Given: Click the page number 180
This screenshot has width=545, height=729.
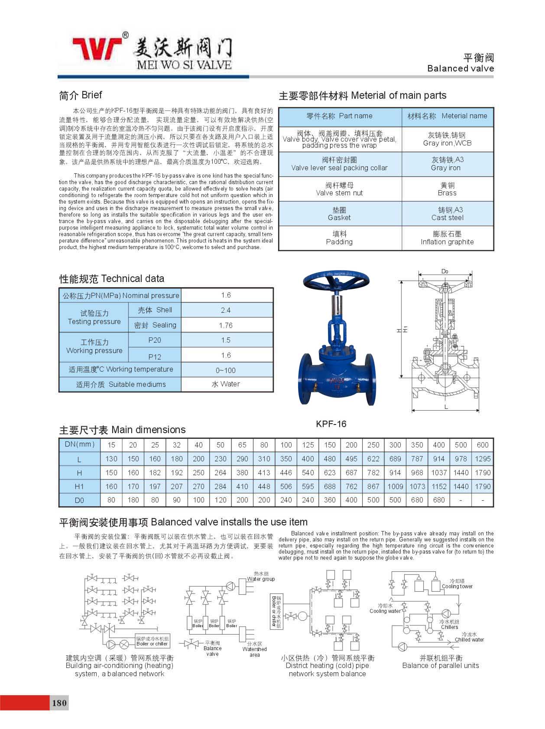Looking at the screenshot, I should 59,703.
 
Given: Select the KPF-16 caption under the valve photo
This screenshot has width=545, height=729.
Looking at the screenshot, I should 331,424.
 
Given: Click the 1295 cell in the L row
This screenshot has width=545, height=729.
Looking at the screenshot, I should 483,459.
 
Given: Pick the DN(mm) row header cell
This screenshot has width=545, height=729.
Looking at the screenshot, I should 79,444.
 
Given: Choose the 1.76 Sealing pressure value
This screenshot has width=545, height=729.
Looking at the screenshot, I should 226,325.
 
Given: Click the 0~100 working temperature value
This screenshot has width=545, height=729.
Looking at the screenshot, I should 226,370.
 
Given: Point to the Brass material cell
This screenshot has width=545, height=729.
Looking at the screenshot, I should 447,189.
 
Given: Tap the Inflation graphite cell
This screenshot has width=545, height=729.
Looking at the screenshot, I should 447,238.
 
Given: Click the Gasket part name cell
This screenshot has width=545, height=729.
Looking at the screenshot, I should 339,214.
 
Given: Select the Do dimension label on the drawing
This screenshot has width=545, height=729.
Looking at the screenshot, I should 445,272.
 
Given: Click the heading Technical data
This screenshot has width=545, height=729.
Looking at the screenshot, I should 112,279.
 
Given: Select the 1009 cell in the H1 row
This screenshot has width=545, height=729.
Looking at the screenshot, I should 395,486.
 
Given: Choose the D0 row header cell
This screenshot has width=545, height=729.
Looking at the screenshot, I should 79,500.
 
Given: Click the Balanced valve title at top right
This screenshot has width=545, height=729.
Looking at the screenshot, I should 461,68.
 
